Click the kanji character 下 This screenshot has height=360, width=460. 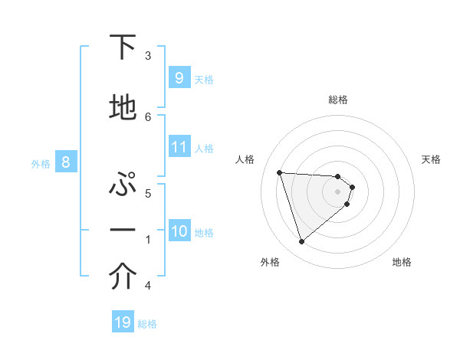[123, 47]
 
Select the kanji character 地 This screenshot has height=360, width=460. [123, 109]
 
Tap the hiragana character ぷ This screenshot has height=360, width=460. [123, 185]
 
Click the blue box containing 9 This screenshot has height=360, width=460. [179, 77]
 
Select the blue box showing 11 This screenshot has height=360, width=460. [179, 146]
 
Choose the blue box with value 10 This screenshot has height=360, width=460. [179, 231]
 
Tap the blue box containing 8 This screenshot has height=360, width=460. [65, 162]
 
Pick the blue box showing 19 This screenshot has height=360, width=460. [123, 322]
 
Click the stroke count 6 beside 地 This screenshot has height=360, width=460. [148, 116]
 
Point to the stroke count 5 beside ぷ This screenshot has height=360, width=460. [148, 193]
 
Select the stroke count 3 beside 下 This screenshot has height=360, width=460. [148, 55]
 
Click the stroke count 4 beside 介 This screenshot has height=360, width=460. [148, 286]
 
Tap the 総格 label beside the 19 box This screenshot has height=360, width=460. [147, 324]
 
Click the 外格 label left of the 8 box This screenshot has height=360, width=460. [40, 163]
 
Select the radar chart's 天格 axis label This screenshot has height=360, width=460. [432, 159]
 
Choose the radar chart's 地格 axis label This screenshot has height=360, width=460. [402, 262]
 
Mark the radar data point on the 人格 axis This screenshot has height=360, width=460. [279, 172]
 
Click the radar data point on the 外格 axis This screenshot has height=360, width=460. [301, 242]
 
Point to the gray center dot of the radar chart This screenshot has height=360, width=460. [338, 201]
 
